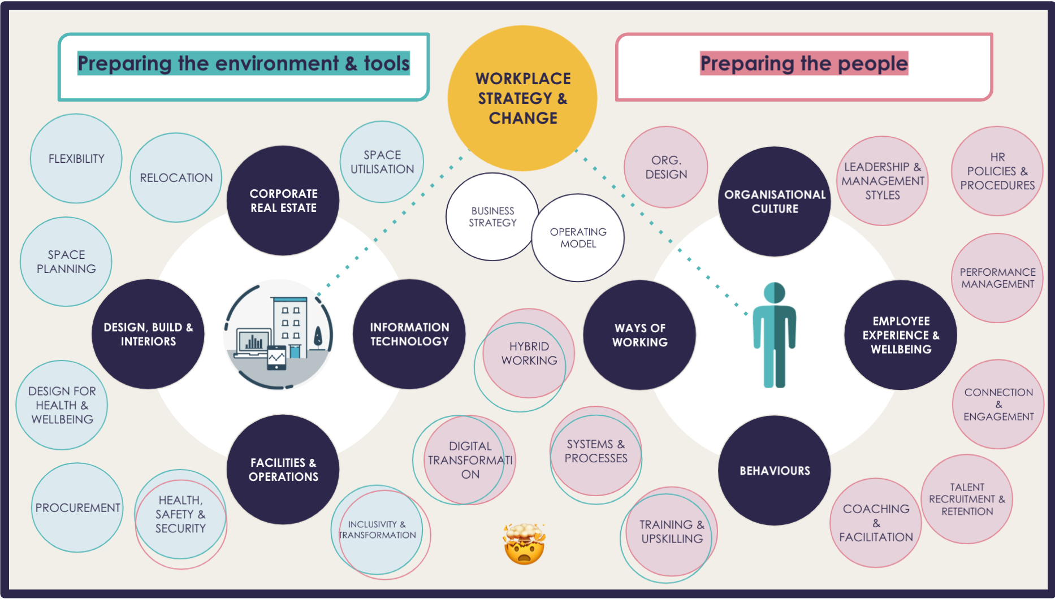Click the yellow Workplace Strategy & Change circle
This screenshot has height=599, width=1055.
[x=522, y=98]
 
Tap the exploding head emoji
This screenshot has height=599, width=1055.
[x=524, y=544]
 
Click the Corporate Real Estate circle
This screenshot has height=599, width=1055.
[x=283, y=201]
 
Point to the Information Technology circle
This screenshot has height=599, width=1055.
[x=409, y=334]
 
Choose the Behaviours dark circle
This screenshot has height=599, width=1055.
[x=775, y=470]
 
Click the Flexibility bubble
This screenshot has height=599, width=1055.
[x=76, y=159]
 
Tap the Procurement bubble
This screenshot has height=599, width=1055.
[x=77, y=507]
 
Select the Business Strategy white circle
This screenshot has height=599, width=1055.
[x=492, y=216]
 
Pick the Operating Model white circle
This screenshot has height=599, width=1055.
[x=578, y=238]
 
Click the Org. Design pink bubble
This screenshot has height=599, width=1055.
[x=666, y=167]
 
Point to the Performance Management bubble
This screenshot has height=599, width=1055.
[x=997, y=278]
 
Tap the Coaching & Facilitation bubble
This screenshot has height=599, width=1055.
[x=876, y=523]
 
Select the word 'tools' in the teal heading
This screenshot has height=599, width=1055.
[x=387, y=64]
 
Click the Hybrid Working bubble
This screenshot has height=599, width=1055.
[x=529, y=353]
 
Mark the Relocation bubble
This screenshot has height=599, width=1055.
[x=176, y=178]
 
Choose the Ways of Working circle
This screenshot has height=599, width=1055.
[x=640, y=335]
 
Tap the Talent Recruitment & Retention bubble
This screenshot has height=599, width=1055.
[x=967, y=499]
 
